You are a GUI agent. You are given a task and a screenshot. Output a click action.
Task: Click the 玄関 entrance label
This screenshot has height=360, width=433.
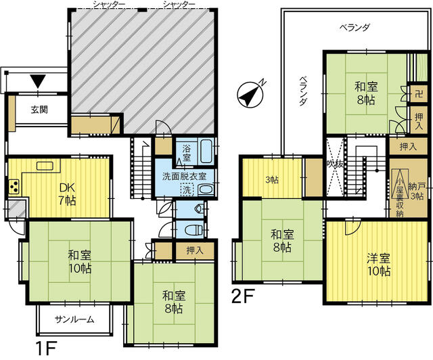[39, 110]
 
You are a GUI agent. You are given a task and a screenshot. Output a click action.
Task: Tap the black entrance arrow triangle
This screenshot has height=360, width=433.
[38, 81]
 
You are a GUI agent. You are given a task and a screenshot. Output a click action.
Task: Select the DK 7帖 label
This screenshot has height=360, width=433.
[68, 194]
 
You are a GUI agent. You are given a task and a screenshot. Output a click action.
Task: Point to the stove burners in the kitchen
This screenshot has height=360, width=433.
[14, 186]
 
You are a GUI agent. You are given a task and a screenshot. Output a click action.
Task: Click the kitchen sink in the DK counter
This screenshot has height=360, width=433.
[45, 166]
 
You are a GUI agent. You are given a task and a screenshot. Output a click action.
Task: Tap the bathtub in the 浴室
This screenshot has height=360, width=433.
[206, 151]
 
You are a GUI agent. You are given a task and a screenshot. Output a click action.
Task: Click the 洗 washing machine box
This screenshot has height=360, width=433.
[187, 190]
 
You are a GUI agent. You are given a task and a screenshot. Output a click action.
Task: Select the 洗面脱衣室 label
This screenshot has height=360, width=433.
[184, 176]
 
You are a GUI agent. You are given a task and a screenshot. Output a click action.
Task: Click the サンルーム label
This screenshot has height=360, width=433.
[74, 319]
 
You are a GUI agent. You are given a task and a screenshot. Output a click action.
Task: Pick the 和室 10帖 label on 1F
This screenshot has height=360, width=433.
[80, 262]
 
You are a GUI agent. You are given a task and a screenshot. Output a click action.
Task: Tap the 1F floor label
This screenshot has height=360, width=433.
[46, 348]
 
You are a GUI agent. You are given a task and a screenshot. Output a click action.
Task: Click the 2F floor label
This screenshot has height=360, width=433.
[243, 296]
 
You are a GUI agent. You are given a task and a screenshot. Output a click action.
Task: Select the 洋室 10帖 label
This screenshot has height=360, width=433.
[379, 265]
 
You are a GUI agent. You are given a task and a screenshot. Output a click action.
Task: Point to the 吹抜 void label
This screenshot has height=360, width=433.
[335, 164]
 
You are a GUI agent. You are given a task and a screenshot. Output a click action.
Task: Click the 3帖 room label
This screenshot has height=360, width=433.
[272, 180]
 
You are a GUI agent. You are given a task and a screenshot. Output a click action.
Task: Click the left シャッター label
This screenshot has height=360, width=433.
[109, 4]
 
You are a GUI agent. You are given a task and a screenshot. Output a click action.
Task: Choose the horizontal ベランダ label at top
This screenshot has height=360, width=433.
[355, 27]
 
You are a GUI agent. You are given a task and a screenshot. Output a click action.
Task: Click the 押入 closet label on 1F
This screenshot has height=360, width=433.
[195, 250]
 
